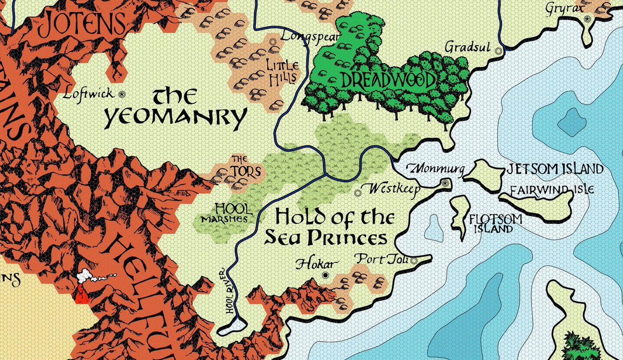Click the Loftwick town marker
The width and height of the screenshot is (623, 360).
(x=123, y=94)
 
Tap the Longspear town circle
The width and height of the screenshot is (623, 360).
(x=273, y=40)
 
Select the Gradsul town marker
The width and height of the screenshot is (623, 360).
(x=499, y=50)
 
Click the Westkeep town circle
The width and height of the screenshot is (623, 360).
(x=357, y=193)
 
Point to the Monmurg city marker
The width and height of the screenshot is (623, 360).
(x=444, y=183)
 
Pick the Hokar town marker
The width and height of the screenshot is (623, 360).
(x=326, y=275)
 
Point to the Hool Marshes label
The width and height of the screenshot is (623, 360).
(x=224, y=213)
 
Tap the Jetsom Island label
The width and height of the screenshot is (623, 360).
(x=554, y=169)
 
